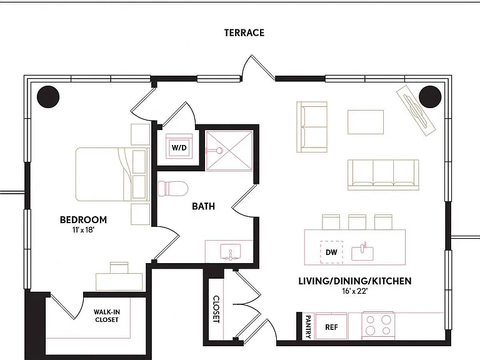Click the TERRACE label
click(244, 32)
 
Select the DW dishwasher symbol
click(331, 252)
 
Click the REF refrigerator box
click(331, 326)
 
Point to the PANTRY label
click(308, 327)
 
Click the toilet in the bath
click(172, 188)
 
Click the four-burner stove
click(378, 326)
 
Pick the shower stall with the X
click(229, 150)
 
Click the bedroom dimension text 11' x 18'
click(83, 229)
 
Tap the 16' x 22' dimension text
click(355, 291)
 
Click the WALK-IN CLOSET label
click(106, 316)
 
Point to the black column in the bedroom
click(48, 97)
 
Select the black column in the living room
click(430, 97)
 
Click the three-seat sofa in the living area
click(383, 174)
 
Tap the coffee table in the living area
click(366, 122)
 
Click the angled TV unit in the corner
click(416, 110)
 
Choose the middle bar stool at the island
click(357, 222)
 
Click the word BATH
click(204, 206)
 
